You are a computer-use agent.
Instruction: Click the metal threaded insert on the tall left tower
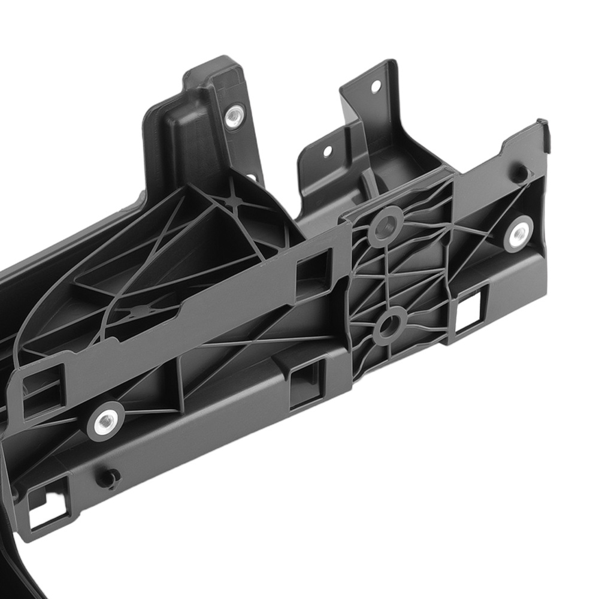point(234,116)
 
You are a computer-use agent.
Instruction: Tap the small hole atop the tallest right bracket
point(376,87)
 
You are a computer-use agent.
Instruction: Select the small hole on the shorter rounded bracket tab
point(327,150)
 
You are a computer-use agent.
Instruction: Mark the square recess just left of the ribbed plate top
point(313,273)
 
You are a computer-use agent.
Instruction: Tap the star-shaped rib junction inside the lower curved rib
point(141,311)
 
